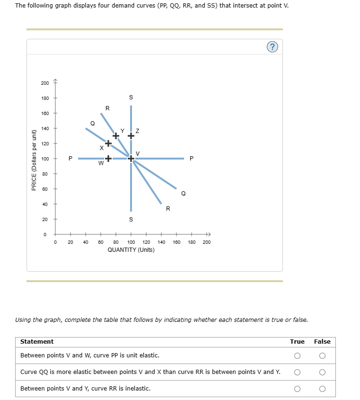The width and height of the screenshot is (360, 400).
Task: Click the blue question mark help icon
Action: point(272,46)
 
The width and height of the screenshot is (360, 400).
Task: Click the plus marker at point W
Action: point(108,159)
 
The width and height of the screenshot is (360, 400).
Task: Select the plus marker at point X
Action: point(108,143)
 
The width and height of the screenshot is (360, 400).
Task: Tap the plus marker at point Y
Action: point(116,135)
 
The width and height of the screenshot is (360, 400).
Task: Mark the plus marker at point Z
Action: point(131,135)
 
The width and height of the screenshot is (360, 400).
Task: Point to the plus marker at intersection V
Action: point(131,159)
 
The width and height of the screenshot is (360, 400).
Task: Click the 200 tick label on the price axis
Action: point(44,83)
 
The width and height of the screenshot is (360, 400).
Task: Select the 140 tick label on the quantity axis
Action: point(161,242)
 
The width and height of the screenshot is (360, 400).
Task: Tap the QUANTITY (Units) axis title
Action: point(131,249)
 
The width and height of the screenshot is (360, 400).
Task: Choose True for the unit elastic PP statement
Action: point(297,356)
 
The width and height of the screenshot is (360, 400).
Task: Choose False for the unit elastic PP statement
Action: point(322,356)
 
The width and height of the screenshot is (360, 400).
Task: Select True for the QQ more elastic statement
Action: point(297,372)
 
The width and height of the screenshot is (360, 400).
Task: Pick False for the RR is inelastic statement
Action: point(322,389)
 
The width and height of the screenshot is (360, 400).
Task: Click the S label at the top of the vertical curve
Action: point(131,98)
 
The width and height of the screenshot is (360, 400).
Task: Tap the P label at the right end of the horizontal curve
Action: point(191,159)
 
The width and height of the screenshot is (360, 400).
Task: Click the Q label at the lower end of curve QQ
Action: point(183,194)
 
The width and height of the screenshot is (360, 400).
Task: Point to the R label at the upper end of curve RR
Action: point(107,108)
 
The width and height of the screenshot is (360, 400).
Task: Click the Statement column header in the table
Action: point(37,341)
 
